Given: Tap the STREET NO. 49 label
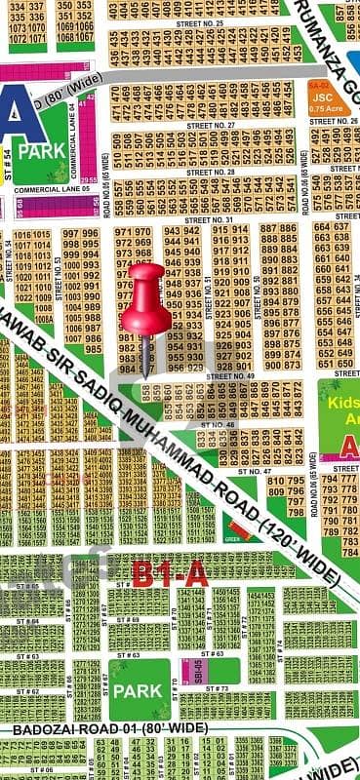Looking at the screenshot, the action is click(x=231, y=375).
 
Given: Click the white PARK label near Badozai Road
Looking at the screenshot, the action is click(x=137, y=689).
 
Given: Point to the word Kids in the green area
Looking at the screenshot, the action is click(x=344, y=402).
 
